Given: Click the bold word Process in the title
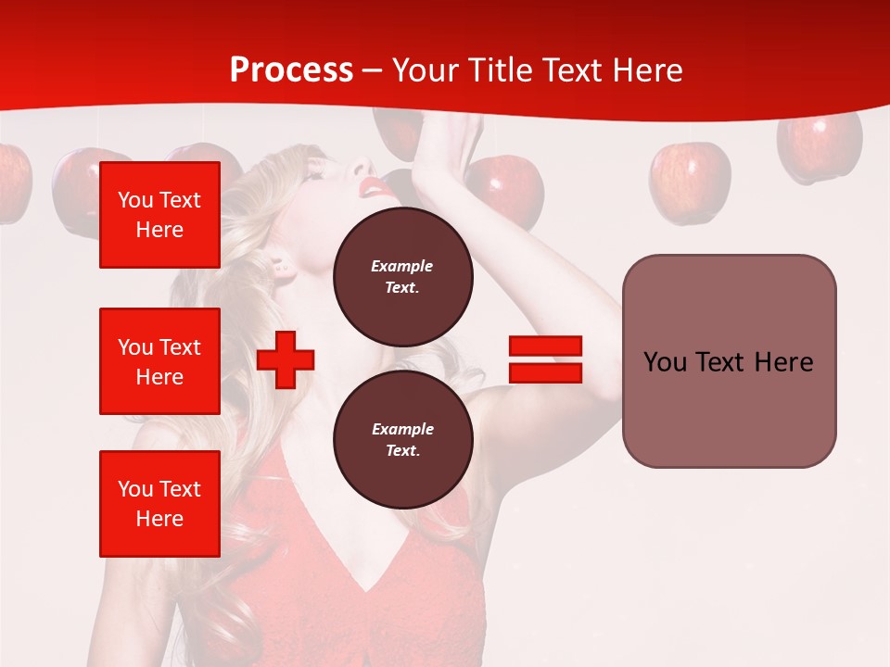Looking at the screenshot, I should coord(291,70).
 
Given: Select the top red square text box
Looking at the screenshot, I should coord(159,215).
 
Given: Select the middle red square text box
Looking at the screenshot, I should coord(159,361).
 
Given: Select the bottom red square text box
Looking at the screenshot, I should coord(159,504).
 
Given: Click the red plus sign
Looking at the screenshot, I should coord(286,359).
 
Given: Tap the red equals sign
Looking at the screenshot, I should coord(545,359).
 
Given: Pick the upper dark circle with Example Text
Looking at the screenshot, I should coord(402,276).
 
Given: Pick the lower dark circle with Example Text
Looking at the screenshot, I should coord(402,439).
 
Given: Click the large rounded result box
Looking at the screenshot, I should coord(729,361).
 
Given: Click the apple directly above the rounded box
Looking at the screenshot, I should coord(689,182).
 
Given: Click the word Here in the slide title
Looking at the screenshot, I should coord(649,70).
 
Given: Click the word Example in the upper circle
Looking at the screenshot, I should coord(402,266).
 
